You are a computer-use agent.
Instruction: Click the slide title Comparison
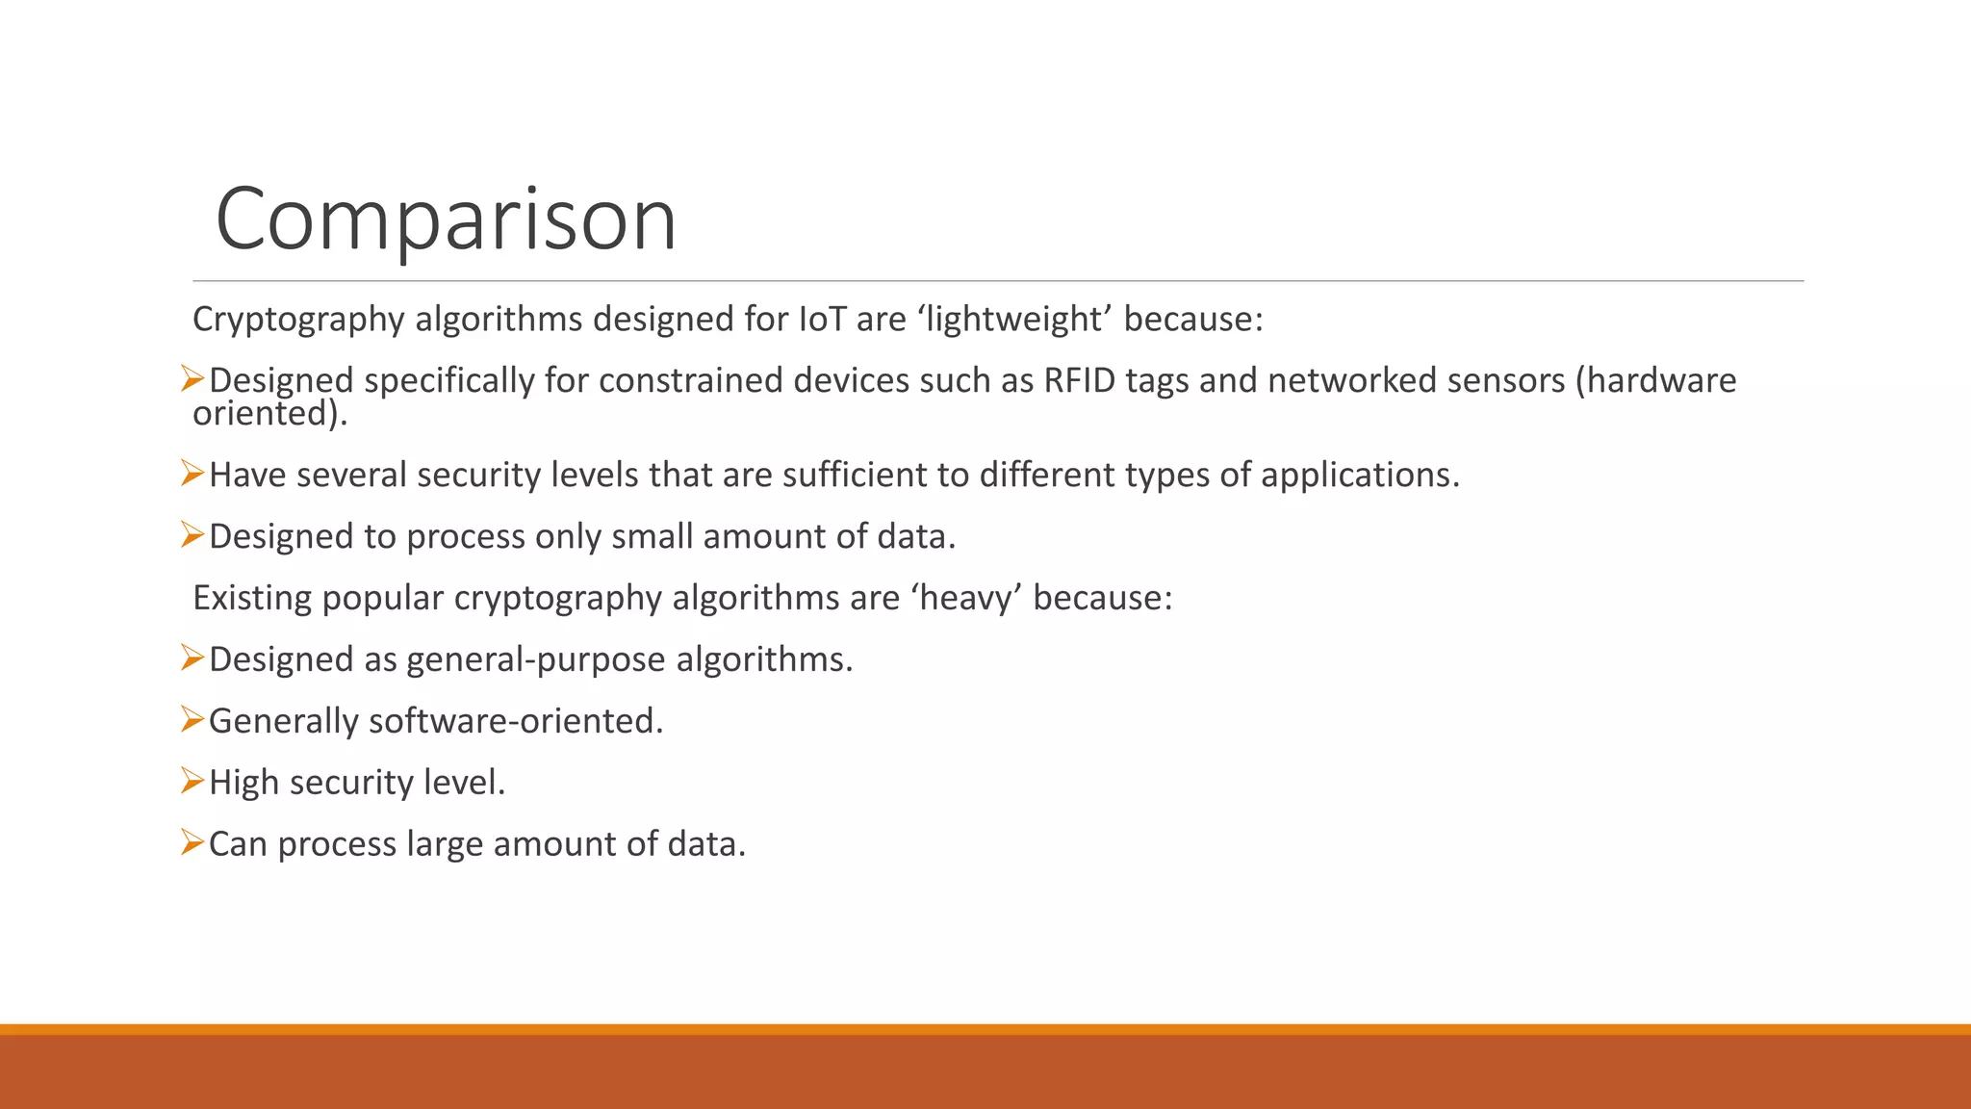click(446, 219)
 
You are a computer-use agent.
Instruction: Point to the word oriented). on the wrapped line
click(269, 414)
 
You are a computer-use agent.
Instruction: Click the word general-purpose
click(536, 659)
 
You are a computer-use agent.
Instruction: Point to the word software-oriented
click(516, 721)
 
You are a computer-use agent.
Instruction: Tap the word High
click(243, 783)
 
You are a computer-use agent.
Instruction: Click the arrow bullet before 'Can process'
click(192, 842)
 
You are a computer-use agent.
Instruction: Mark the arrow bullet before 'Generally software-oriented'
click(192, 719)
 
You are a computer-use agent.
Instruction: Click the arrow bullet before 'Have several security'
click(192, 473)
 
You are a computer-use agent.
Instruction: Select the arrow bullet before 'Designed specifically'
click(192, 378)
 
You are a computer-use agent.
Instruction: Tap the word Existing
click(252, 598)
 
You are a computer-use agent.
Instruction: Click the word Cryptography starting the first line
click(298, 319)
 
